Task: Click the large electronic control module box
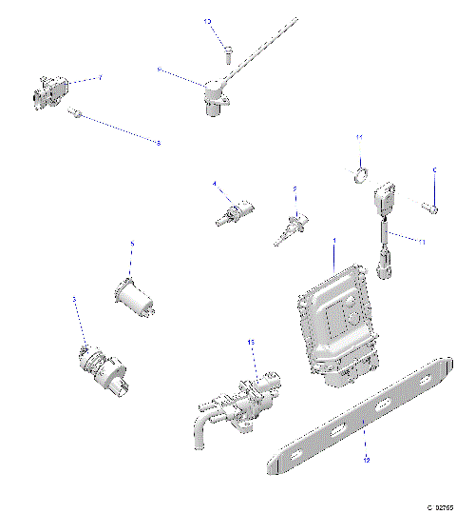coord(333,318)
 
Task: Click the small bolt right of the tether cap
coord(429,205)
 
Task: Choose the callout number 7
coord(101,75)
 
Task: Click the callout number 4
coord(215,184)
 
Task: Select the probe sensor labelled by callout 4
coord(234,210)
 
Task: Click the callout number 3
coord(74,299)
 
